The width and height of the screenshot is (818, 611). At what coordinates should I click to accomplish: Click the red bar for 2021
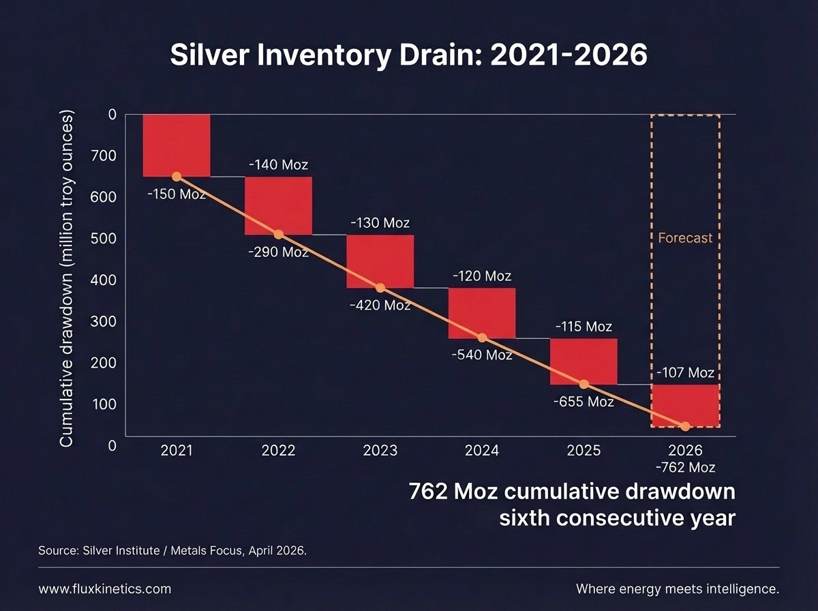(x=177, y=145)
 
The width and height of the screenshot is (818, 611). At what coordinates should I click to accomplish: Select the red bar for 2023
(x=380, y=261)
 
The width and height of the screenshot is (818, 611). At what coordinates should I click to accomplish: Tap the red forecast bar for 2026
(x=685, y=405)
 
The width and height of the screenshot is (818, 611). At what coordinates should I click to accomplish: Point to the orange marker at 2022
(x=279, y=235)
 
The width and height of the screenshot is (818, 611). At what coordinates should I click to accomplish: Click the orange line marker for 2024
(x=482, y=338)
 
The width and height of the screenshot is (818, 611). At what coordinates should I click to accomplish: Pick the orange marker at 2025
(x=584, y=384)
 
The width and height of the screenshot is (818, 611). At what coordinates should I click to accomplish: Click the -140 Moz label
(x=278, y=164)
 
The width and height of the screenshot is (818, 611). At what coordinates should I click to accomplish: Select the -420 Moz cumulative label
(x=380, y=305)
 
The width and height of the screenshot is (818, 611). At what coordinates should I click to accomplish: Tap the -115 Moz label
(x=584, y=327)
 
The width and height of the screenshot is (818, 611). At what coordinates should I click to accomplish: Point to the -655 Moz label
(x=584, y=402)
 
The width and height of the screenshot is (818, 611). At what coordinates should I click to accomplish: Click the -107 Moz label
(x=685, y=372)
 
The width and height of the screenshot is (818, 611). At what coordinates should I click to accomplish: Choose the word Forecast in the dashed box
(x=685, y=238)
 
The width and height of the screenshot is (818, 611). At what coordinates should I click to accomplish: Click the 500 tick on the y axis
(x=104, y=239)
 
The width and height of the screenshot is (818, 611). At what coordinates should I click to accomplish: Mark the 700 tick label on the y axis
(x=104, y=156)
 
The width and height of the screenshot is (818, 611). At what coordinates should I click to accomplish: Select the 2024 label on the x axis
(x=482, y=451)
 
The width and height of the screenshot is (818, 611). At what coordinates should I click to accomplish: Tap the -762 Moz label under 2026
(x=685, y=468)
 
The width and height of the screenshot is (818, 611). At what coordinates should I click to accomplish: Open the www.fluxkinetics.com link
(x=105, y=589)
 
